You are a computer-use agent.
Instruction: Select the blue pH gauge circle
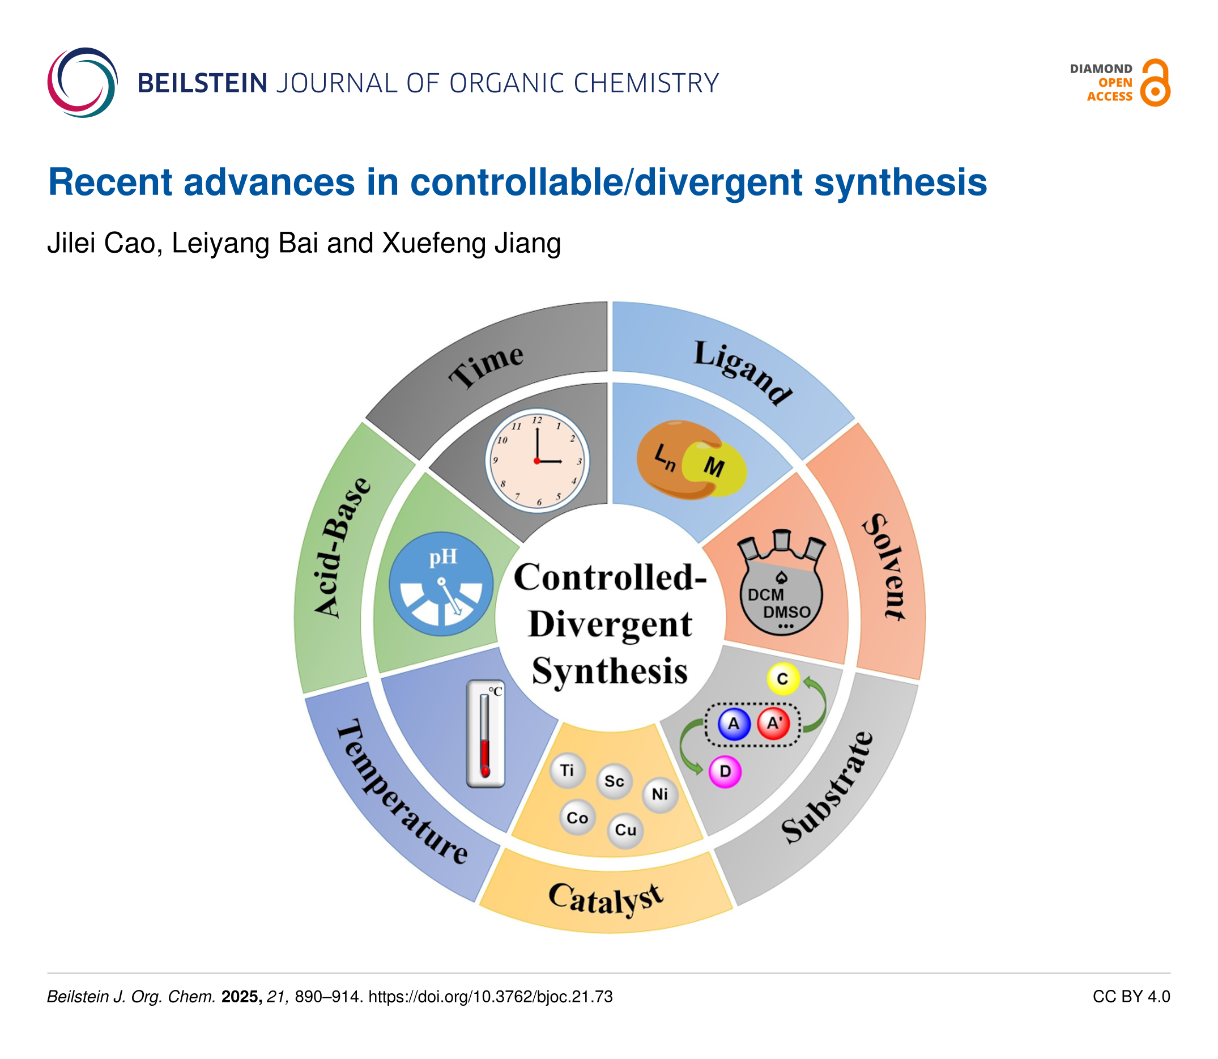pyautogui.click(x=441, y=584)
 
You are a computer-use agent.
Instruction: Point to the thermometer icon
pyautogui.click(x=485, y=734)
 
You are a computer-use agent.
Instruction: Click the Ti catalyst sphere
pyautogui.click(x=567, y=771)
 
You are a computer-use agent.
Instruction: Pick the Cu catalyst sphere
pyautogui.click(x=625, y=830)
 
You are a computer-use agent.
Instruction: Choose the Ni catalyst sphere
pyautogui.click(x=659, y=795)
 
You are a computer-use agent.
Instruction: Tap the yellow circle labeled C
pyautogui.click(x=782, y=679)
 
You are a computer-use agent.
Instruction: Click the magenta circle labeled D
pyautogui.click(x=725, y=771)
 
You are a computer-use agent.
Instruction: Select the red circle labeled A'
pyautogui.click(x=774, y=724)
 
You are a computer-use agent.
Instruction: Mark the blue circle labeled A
pyautogui.click(x=734, y=724)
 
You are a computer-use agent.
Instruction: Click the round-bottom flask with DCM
pyautogui.click(x=781, y=591)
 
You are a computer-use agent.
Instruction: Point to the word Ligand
pyautogui.click(x=742, y=372)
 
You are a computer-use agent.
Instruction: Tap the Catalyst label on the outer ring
pyautogui.click(x=606, y=899)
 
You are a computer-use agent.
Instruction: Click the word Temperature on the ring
pyautogui.click(x=402, y=792)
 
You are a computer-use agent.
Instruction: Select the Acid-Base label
pyautogui.click(x=342, y=547)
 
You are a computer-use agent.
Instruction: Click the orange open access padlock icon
pyautogui.click(x=1155, y=83)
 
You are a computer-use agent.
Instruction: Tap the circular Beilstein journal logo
pyautogui.click(x=83, y=83)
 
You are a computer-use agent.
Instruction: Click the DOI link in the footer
pyautogui.click(x=491, y=997)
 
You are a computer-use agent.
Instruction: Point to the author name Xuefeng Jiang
pyautogui.click(x=471, y=243)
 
